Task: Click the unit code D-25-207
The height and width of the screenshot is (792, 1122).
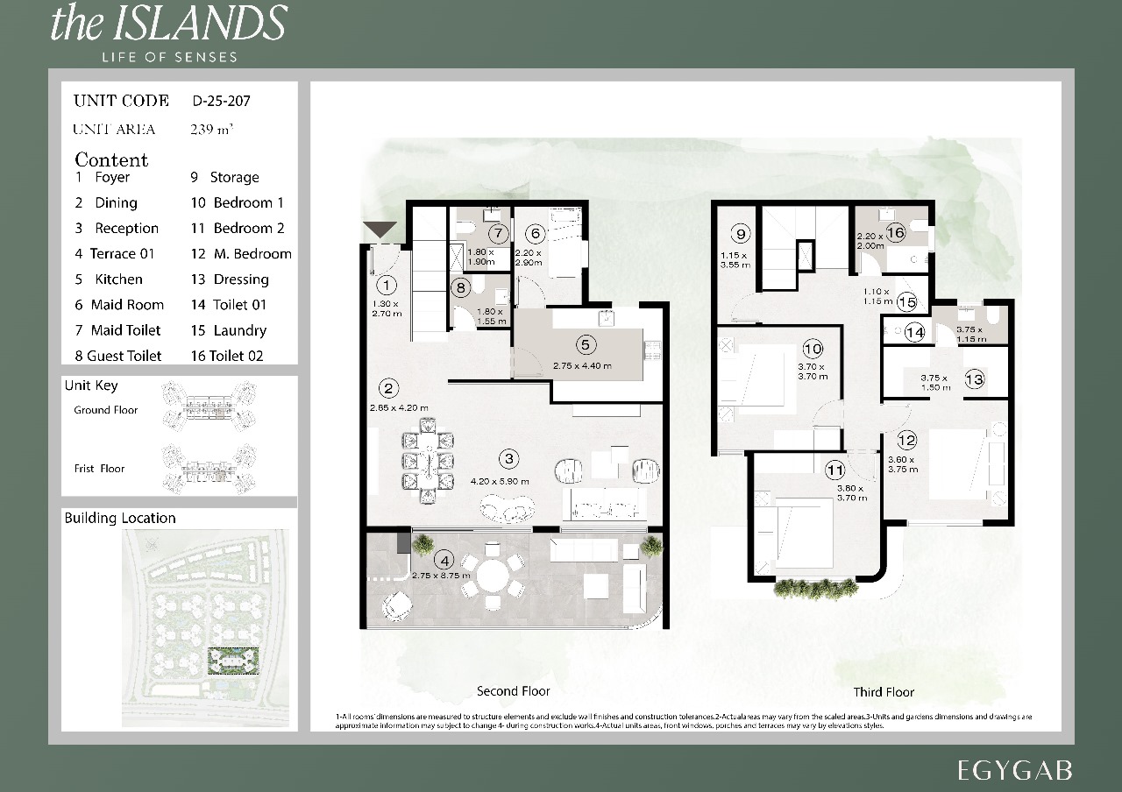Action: click(221, 101)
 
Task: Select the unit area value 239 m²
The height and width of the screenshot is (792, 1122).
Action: click(211, 130)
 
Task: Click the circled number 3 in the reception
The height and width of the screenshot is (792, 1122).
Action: click(508, 458)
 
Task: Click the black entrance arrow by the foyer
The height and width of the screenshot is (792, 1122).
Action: click(380, 230)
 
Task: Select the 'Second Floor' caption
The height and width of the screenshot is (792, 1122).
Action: click(513, 690)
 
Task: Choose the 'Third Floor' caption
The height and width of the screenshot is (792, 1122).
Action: click(884, 691)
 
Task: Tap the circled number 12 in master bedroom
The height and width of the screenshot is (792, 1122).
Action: click(905, 441)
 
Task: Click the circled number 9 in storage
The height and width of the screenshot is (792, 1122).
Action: click(741, 234)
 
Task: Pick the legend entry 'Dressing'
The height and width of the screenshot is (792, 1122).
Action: click(240, 279)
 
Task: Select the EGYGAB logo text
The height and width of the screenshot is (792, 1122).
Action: click(1015, 770)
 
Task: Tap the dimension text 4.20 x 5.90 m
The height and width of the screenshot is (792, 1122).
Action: click(500, 481)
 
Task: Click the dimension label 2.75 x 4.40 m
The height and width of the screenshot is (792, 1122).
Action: click(582, 365)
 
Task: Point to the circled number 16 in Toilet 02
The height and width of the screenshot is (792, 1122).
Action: click(895, 233)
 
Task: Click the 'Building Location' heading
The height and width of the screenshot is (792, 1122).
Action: click(120, 518)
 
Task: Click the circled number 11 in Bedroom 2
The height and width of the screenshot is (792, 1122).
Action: click(834, 470)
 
